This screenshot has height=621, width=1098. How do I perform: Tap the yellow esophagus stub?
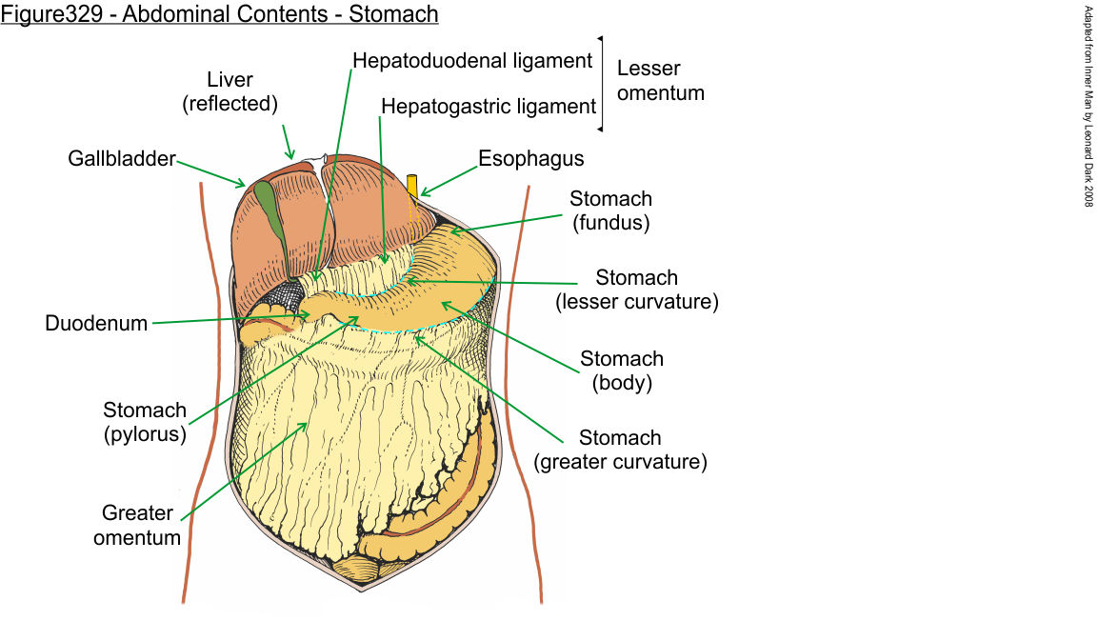[412, 186]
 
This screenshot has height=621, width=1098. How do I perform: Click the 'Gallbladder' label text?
[122, 158]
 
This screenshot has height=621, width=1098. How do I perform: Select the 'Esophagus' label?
[531, 158]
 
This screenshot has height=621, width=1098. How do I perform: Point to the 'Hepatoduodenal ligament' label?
[472, 60]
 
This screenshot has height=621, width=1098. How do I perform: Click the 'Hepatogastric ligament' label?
[489, 106]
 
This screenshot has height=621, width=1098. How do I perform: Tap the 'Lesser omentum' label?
[661, 81]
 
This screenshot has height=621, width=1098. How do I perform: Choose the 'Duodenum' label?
[96, 324]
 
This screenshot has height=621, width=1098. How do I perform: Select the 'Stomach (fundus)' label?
[610, 210]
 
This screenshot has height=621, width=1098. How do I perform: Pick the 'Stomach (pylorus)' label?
[145, 422]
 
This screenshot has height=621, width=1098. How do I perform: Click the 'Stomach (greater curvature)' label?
[620, 451]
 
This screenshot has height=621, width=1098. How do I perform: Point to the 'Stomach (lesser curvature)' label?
[636, 290]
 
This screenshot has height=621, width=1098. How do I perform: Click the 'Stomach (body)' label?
[622, 371]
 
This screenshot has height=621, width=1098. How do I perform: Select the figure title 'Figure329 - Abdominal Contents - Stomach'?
[220, 14]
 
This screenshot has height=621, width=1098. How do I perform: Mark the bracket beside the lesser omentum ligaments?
[601, 84]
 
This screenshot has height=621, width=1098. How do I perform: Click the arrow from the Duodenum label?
[229, 318]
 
